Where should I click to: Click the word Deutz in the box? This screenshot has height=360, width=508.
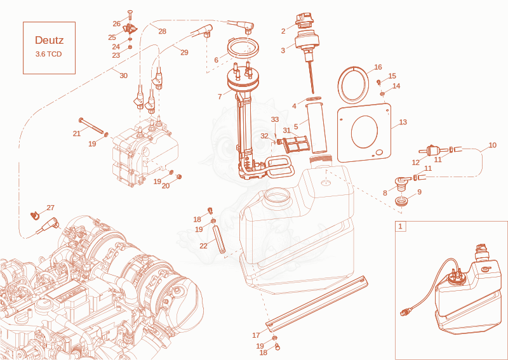coord(50,40)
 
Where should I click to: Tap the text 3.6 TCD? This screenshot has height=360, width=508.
coord(49,54)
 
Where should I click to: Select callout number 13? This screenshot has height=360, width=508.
coord(403,122)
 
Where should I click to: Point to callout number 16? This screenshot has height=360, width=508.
coord(378,67)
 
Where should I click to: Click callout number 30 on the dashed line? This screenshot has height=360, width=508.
coord(123,76)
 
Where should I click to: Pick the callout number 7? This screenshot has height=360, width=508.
coord(220,97)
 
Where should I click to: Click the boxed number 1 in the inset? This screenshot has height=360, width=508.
coord(401,226)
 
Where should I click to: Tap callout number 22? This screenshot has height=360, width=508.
coord(203,246)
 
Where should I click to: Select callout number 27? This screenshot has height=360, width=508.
coord(51,208)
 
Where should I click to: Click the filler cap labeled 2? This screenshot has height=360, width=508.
coord(304,20)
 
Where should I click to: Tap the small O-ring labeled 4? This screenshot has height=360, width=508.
coord(314,98)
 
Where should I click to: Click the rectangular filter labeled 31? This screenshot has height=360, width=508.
coord(295,143)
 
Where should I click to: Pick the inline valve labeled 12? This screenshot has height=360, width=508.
coord(430,150)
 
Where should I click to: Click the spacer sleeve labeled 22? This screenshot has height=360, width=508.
coord(219,240)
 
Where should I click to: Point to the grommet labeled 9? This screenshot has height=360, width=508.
coord(402,201)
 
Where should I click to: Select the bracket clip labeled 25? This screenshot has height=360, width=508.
coord(130,29)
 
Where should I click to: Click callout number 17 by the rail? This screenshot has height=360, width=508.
coord(256,335)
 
